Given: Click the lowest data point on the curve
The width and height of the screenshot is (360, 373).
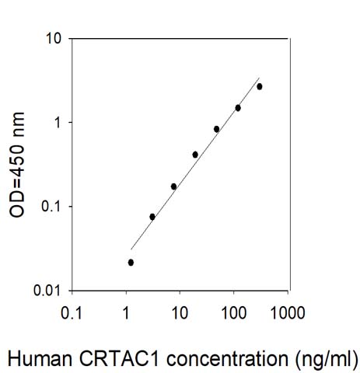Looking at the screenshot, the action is (131, 263).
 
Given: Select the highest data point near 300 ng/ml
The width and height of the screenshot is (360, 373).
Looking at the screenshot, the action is (260, 87).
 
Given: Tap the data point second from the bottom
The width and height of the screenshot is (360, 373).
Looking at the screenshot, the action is (152, 217).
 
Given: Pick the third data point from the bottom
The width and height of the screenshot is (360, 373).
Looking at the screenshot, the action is (173, 186).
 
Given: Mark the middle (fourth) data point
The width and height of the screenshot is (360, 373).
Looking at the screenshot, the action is (195, 155).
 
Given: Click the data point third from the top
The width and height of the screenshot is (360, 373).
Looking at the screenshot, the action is (217, 129).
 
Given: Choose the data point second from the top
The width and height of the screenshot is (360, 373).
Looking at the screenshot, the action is (238, 108).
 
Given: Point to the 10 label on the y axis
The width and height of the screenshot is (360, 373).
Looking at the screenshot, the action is (54, 39).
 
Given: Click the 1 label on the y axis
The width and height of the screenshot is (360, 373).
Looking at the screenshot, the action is (58, 123).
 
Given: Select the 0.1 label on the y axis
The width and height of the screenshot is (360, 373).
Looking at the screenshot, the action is (51, 207).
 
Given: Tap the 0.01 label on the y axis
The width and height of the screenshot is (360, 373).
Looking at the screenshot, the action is (47, 291).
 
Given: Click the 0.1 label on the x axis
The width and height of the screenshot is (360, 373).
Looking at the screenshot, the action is (72, 312).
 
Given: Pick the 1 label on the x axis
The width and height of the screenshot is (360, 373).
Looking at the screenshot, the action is (126, 312).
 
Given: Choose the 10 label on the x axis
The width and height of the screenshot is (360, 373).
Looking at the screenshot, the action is (180, 312).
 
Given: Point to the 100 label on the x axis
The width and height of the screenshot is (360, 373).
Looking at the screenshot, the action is (234, 312).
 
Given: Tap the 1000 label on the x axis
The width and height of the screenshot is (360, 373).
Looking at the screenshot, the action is (288, 312).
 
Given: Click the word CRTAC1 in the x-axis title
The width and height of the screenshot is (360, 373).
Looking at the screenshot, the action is (119, 358).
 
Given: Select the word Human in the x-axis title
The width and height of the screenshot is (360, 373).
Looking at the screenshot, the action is (40, 358).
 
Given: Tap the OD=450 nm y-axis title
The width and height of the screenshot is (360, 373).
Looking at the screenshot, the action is (17, 165).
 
